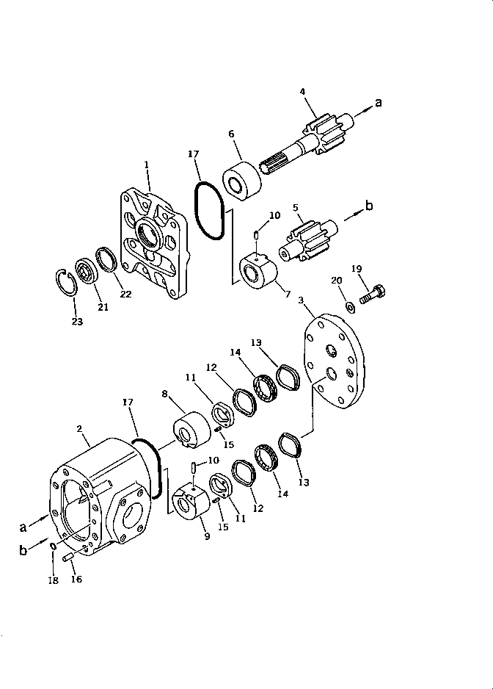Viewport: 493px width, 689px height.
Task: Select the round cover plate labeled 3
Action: tap(335, 358)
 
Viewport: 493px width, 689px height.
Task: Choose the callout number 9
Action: tap(207, 536)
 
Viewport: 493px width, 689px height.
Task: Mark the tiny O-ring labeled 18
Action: tap(54, 547)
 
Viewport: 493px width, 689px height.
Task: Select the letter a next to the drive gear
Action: tap(379, 103)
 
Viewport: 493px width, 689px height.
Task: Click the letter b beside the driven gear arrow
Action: tap(369, 206)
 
